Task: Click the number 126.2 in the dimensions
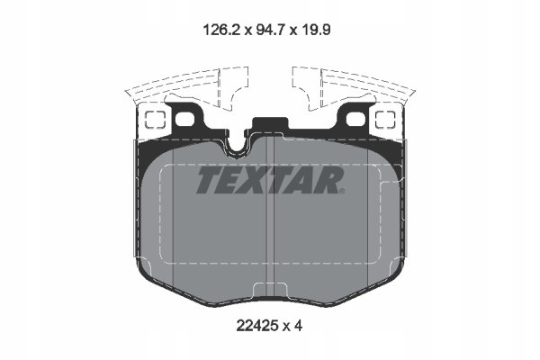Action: point(221,30)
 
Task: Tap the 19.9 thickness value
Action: point(316,30)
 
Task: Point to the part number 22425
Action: point(257,325)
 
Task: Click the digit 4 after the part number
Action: point(298,325)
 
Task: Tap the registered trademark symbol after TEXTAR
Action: point(341,191)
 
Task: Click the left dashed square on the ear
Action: point(155,120)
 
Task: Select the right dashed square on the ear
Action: point(385,120)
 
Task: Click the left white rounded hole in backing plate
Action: point(184,119)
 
